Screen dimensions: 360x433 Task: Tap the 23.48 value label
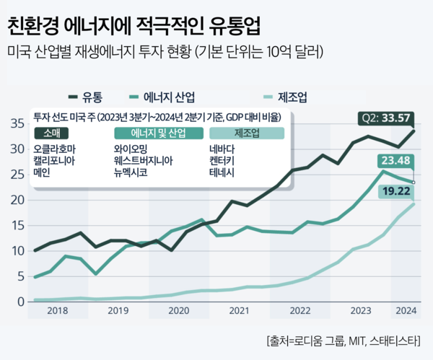pyautogui.click(x=397, y=162)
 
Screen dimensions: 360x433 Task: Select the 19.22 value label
pyautogui.click(x=397, y=191)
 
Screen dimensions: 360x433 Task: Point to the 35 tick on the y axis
pyautogui.click(x=16, y=123)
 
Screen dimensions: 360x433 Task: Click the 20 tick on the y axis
pyautogui.click(x=16, y=200)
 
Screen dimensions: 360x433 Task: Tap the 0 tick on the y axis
pyautogui.click(x=19, y=301)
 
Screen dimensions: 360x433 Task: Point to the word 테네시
pyautogui.click(x=222, y=173)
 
